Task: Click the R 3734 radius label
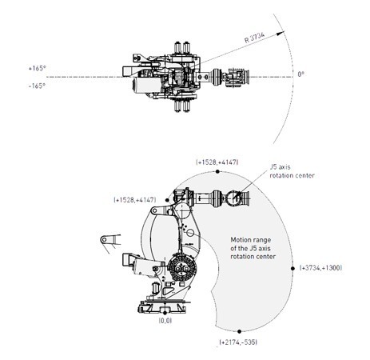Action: tap(255, 38)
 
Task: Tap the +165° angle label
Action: tap(37, 68)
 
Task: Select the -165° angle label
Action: tap(37, 86)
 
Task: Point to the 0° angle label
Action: tap(300, 74)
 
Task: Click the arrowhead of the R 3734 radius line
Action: tap(280, 33)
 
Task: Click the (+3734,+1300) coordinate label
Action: tap(320, 268)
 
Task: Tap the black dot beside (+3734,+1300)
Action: tap(292, 269)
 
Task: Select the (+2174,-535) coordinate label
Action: tap(238, 342)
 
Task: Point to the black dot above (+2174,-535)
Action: tap(239, 331)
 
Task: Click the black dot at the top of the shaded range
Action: tap(217, 171)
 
